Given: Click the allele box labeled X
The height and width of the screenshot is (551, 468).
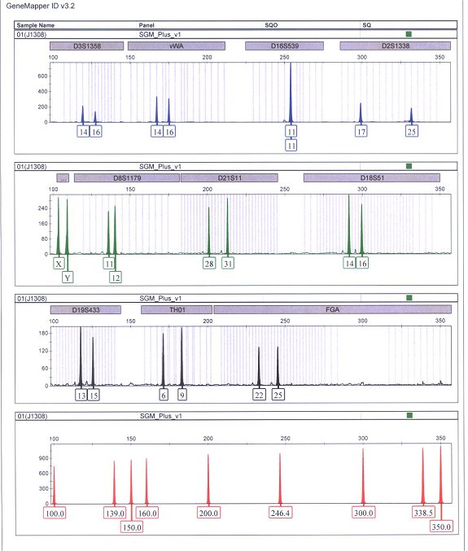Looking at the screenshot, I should [x=58, y=264].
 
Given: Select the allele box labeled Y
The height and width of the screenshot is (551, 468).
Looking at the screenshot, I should [x=68, y=278].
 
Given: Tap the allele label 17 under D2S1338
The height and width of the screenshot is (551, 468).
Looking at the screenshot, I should [x=361, y=131].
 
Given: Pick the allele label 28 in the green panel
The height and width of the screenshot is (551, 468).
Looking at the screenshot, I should [x=209, y=264].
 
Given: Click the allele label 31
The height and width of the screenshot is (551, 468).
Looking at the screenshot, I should [x=228, y=264].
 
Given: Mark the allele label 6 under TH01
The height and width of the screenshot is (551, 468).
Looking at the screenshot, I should [x=164, y=396].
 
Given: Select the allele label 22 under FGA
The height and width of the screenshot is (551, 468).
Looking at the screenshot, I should [x=259, y=396].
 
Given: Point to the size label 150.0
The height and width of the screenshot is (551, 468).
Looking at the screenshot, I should [x=131, y=527].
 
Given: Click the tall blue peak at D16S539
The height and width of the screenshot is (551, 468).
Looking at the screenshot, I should [x=291, y=90].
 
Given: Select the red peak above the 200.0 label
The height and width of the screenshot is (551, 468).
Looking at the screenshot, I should [x=208, y=480].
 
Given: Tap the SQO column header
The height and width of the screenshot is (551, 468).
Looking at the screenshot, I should [x=271, y=25].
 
